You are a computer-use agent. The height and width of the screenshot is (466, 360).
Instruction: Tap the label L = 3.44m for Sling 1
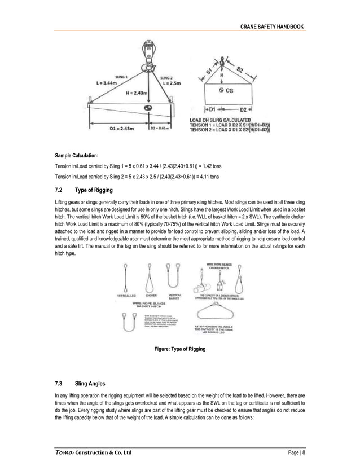[x=111, y=83]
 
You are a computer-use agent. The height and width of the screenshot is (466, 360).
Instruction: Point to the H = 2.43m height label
[x=137, y=93]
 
